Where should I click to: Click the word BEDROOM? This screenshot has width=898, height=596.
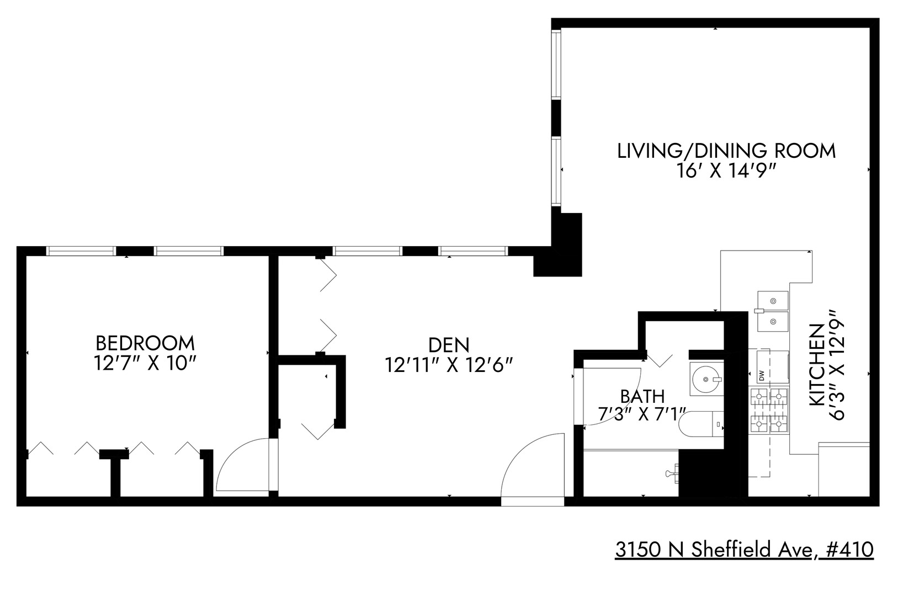pyautogui.click(x=145, y=343)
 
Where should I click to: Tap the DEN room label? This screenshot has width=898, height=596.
pyautogui.click(x=449, y=345)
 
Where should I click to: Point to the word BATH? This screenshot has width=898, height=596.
pyautogui.click(x=642, y=396)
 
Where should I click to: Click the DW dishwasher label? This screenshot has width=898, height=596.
pyautogui.click(x=762, y=376)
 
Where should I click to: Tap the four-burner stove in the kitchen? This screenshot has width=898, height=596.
pyautogui.click(x=768, y=410)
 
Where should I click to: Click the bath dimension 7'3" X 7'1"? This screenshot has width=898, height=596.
pyautogui.click(x=642, y=413)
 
